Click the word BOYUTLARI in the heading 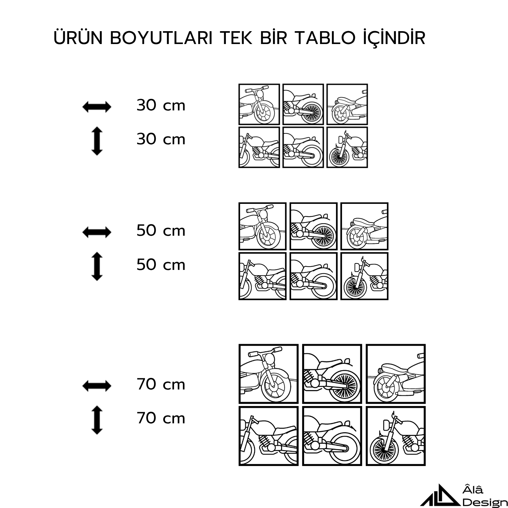pos(161,38)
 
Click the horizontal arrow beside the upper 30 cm pos(97,107)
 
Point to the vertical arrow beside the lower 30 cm pos(97,141)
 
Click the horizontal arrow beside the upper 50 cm pos(97,232)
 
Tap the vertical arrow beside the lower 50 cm pos(97,266)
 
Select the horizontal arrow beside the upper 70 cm pos(97,386)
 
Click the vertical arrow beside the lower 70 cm pos(97,420)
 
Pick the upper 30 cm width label pos(161,105)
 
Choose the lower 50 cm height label pos(161,264)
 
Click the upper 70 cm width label pos(161,384)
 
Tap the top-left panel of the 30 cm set pos(259,104)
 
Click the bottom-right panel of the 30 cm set pos(347,147)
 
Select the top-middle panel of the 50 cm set pos(314,226)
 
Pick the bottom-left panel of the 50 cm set pos(262,276)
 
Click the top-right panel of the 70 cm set pos(396,374)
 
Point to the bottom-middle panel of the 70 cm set pos(332,436)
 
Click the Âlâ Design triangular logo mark pos(440,495)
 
